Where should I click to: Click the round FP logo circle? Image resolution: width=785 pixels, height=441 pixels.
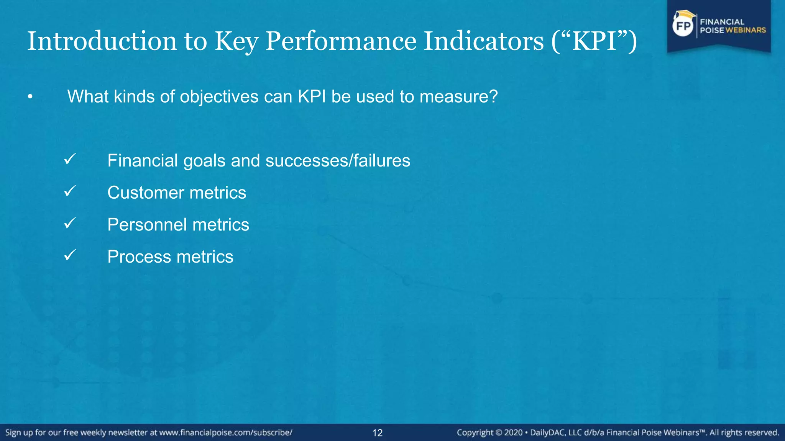click(x=683, y=26)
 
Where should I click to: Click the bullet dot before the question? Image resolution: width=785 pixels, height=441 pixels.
click(x=30, y=97)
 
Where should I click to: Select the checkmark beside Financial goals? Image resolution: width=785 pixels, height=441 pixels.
click(x=70, y=159)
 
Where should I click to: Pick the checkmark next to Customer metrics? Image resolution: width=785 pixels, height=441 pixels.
click(x=70, y=191)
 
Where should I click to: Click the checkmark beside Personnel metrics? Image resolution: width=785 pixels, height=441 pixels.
click(x=70, y=223)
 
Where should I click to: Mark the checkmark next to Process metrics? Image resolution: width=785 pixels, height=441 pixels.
click(x=70, y=255)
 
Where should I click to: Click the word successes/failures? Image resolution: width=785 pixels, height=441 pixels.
click(x=338, y=160)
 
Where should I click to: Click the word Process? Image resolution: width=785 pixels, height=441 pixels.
click(x=139, y=257)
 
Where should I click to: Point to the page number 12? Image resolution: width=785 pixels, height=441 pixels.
click(x=378, y=433)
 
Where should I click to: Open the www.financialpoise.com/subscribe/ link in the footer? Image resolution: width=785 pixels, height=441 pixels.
click(x=226, y=433)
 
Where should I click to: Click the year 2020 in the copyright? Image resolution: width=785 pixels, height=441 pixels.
click(x=513, y=433)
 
